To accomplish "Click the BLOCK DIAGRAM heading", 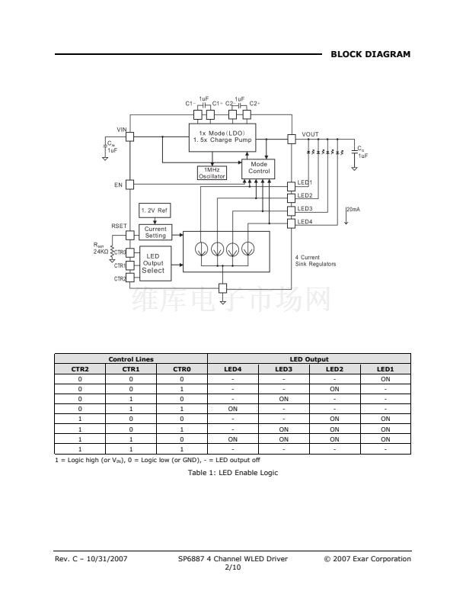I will point(370,54).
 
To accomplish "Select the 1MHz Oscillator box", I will point(212,173).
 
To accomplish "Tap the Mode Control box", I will point(259,168).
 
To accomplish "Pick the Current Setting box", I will point(155,233).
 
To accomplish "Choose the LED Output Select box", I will point(153,263).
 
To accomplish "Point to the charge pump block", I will point(222,137).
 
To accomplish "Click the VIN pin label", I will point(121,129).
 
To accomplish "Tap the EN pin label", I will point(118,185).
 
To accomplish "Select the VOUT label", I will point(310,134).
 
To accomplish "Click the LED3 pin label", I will point(305,208).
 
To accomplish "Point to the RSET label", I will point(119,226).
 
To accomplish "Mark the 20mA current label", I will point(353,209).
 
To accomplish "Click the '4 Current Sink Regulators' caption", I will point(315,261).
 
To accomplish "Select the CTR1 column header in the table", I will point(130,369).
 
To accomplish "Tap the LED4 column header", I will point(233,369).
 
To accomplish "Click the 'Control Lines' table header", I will point(130,358).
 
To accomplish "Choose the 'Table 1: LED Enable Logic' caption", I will point(232,473).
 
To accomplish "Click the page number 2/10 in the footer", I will point(232,567).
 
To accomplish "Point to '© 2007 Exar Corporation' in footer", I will point(367,559).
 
